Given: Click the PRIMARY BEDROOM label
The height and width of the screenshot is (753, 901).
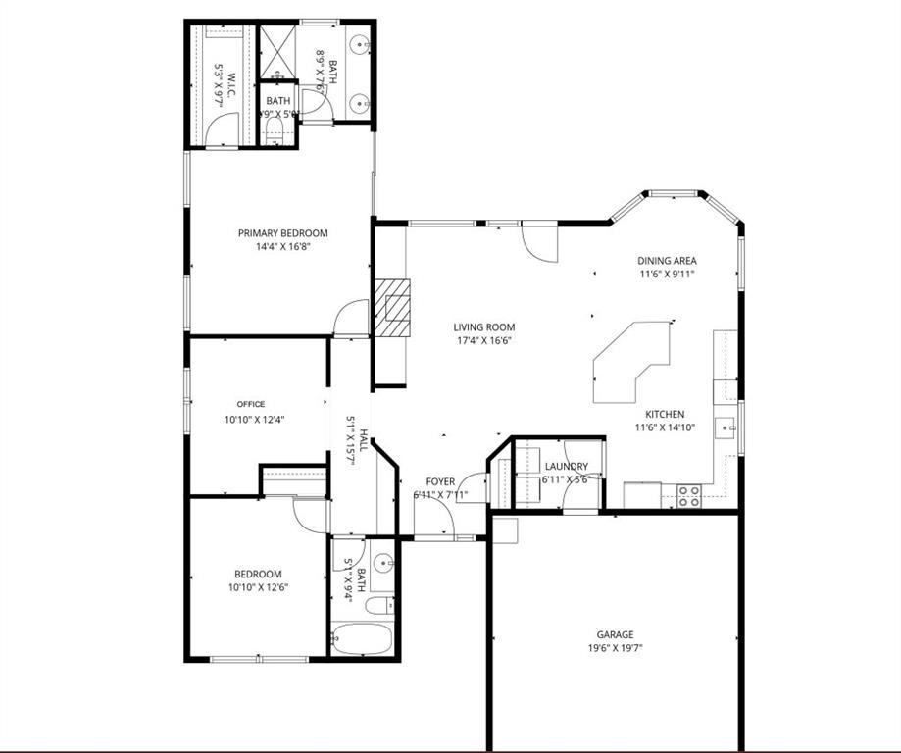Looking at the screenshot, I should coord(282,233).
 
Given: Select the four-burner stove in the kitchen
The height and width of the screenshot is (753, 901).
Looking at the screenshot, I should coord(689,496).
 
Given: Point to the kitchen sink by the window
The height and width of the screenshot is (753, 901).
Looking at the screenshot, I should coord(726,428).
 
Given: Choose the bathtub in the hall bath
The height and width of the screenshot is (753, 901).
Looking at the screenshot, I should coord(361,639).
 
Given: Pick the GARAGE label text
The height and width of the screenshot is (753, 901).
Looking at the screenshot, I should coord(616,634).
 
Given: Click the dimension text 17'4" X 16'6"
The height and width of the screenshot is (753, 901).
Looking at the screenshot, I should coord(483,341).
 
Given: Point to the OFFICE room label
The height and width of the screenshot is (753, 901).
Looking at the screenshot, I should coord(251,404).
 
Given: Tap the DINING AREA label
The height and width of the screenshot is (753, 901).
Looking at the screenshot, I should coord(667,261).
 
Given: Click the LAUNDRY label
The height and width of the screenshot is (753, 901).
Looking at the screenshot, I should coord(567,466).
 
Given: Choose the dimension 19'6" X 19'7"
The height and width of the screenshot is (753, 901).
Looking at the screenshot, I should coord(616,648).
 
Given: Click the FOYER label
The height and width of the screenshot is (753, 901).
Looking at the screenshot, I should coord(440,481).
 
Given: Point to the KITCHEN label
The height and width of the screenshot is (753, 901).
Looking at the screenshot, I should coord(665,414).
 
